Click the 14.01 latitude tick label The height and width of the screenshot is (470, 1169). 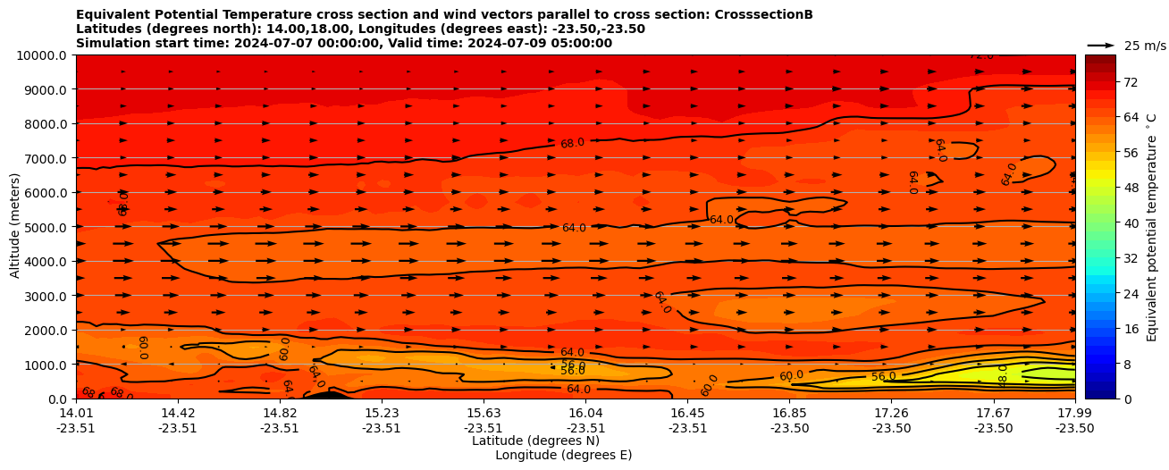coord(76,413)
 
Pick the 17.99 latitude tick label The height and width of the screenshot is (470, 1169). coord(1074,413)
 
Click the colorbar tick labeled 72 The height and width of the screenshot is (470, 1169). coord(1105,82)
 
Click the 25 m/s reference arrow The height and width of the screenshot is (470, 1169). coord(1100,45)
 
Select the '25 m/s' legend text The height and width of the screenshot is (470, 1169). coord(1144,46)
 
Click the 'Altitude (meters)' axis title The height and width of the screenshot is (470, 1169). coord(15,227)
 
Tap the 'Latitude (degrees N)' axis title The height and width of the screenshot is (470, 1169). coord(535,441)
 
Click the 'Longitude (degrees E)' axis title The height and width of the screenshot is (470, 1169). coord(563,455)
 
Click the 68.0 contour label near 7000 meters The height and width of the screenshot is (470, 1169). coord(572,143)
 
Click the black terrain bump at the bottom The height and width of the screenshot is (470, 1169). coord(327,395)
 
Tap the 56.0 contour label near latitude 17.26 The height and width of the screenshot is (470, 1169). coord(883,377)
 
